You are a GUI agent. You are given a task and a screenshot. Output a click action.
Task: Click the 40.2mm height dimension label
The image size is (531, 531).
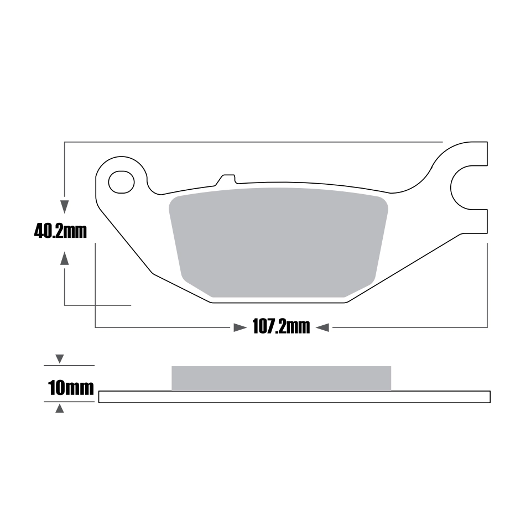[x=61, y=232]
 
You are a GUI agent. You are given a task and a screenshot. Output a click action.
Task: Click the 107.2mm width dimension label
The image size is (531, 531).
[x=281, y=327]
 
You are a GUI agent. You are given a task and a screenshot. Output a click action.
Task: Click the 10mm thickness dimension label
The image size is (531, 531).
[x=71, y=388]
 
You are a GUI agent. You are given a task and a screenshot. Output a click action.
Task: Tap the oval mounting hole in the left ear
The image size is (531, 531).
[x=121, y=182]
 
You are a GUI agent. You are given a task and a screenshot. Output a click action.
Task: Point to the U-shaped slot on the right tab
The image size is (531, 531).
[x=457, y=188]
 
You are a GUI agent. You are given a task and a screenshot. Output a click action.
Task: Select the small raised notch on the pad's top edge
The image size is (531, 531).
[x=226, y=179]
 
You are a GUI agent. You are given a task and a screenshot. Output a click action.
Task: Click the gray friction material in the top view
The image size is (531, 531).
[x=278, y=242]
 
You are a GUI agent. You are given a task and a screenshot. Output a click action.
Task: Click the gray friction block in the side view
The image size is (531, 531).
[x=281, y=378]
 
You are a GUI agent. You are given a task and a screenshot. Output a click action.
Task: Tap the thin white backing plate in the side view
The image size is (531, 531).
[x=294, y=397]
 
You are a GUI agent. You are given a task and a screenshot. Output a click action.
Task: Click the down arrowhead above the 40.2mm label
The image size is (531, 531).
[x=64, y=206]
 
